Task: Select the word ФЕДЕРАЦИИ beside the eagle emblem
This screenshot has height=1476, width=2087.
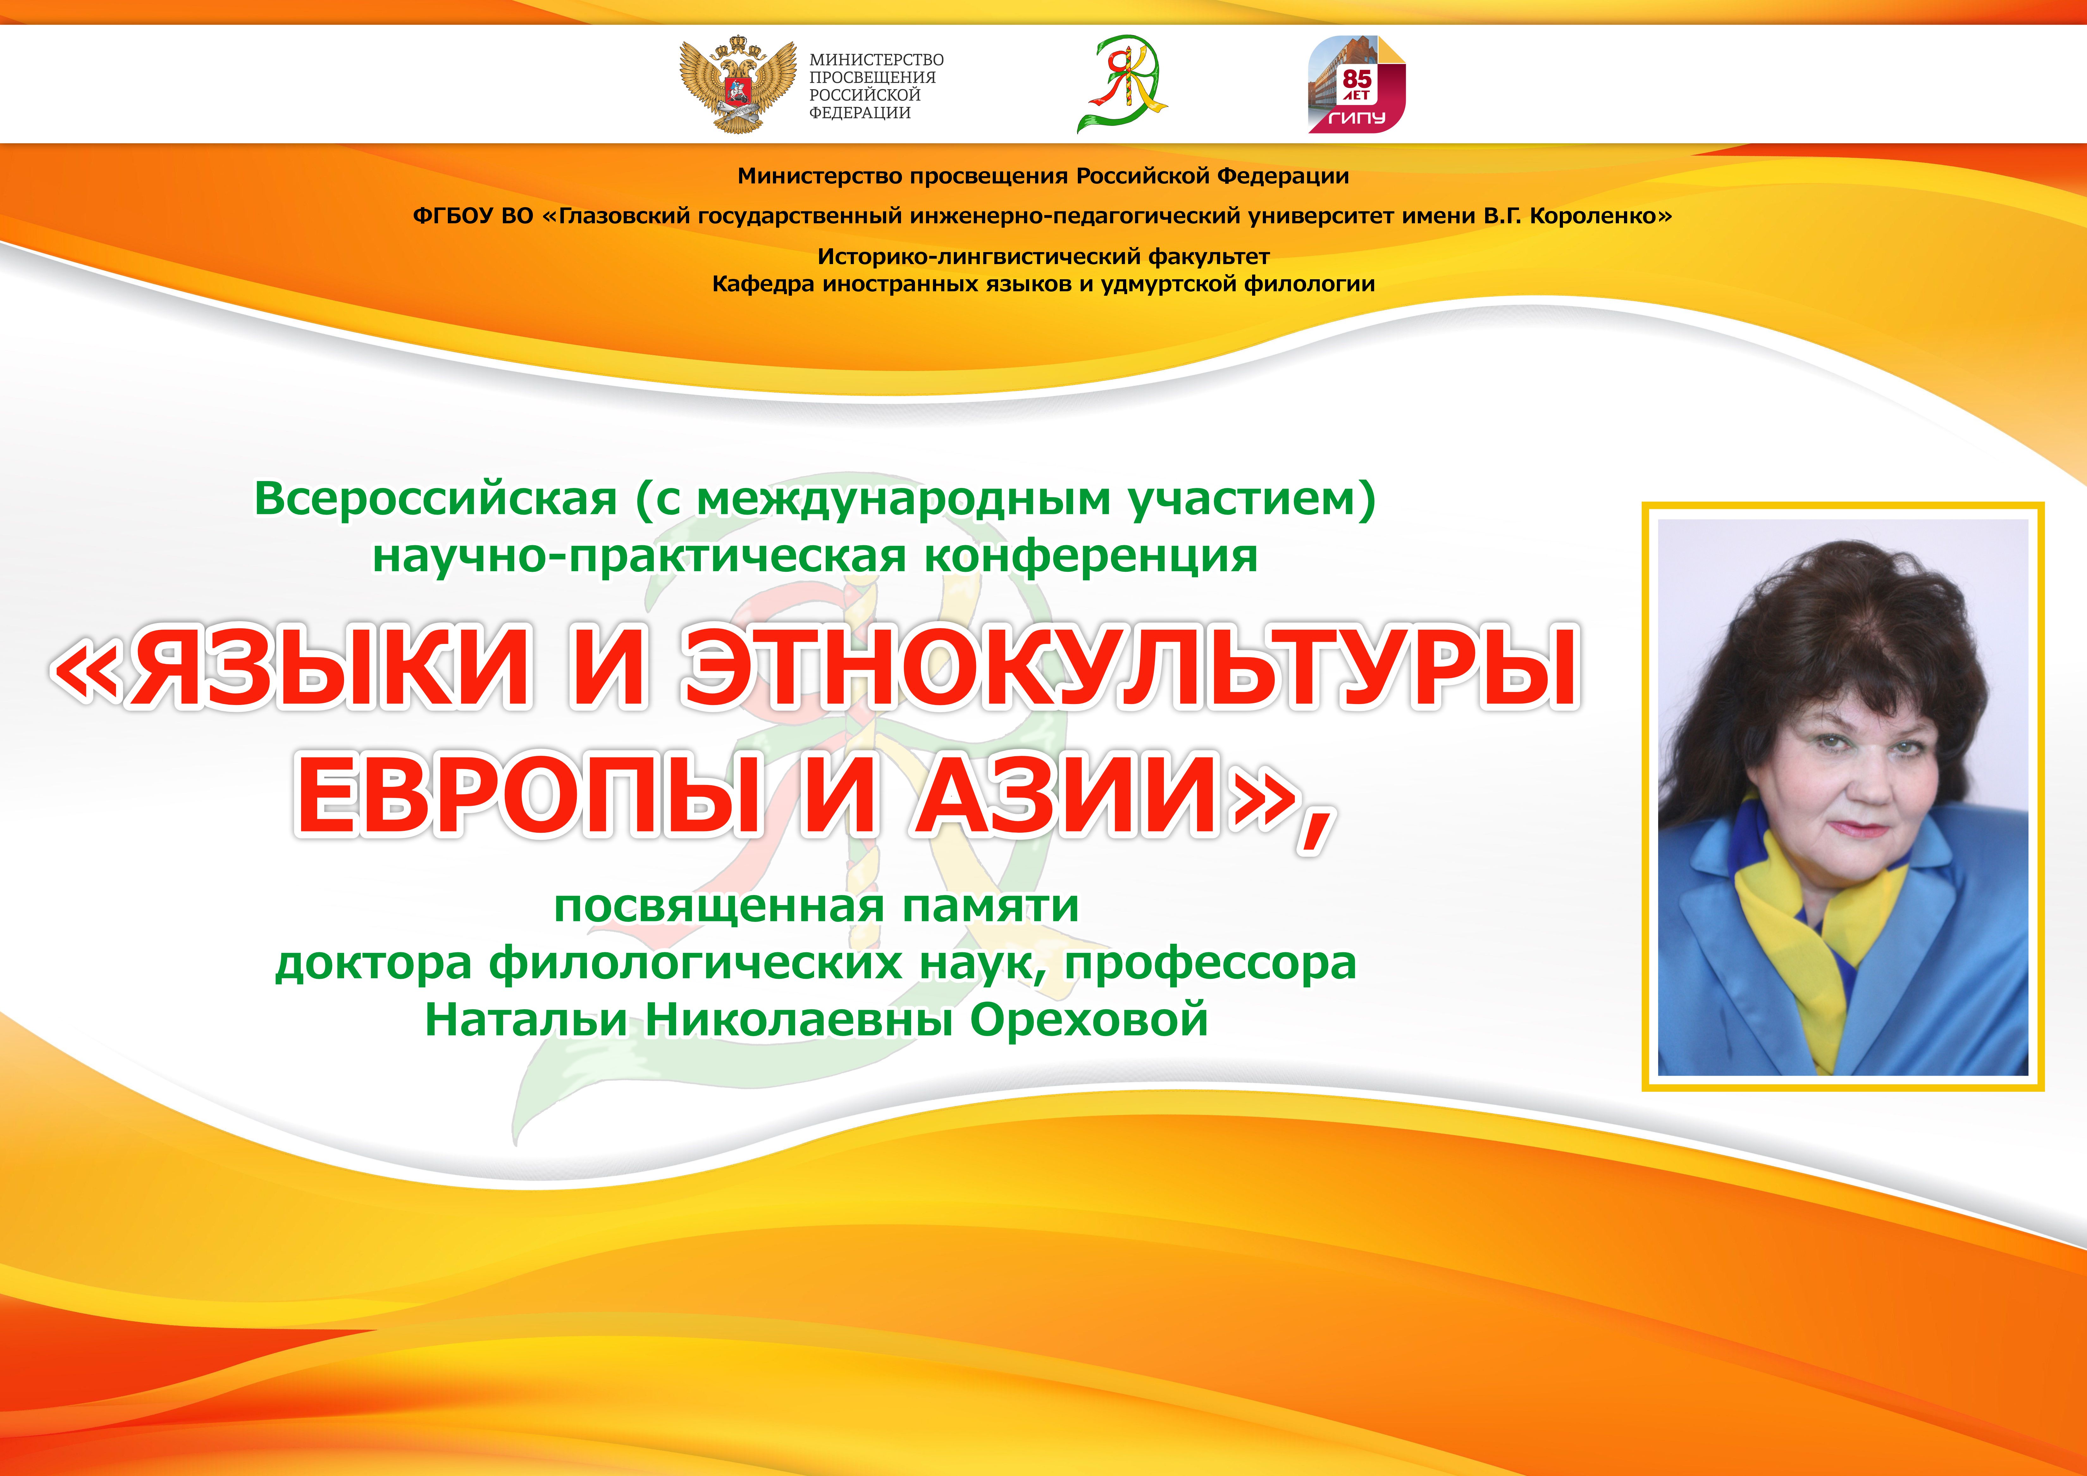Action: (x=860, y=113)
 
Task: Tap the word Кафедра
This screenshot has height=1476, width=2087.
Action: (x=763, y=284)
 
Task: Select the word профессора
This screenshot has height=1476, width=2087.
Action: (x=1211, y=964)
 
